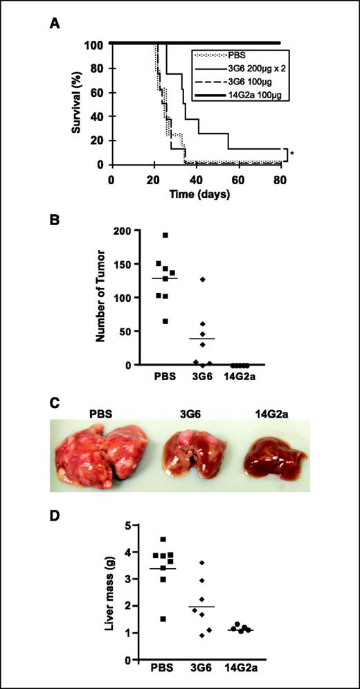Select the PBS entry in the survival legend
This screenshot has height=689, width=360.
(228, 54)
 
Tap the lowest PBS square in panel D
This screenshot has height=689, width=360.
(163, 619)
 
